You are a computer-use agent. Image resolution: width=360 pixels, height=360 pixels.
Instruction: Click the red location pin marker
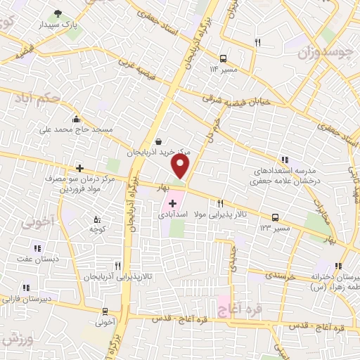pos(181,165)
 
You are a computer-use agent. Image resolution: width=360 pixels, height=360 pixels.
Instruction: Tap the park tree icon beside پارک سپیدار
pos(58,13)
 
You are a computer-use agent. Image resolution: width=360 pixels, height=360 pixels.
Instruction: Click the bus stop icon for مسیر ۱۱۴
pos(223,58)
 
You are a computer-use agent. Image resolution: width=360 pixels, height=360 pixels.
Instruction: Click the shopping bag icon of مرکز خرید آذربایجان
pos(158,141)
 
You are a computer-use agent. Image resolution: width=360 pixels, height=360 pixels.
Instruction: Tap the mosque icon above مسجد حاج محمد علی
pos(75,119)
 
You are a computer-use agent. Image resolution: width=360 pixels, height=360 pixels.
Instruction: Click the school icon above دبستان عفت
pos(37,247)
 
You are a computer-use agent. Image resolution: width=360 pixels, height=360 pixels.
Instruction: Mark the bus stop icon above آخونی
pos(105,311)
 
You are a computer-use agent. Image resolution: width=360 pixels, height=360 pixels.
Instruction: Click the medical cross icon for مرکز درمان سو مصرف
pos(80,168)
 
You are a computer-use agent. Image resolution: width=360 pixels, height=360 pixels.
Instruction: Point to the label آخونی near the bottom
pos(105,322)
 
